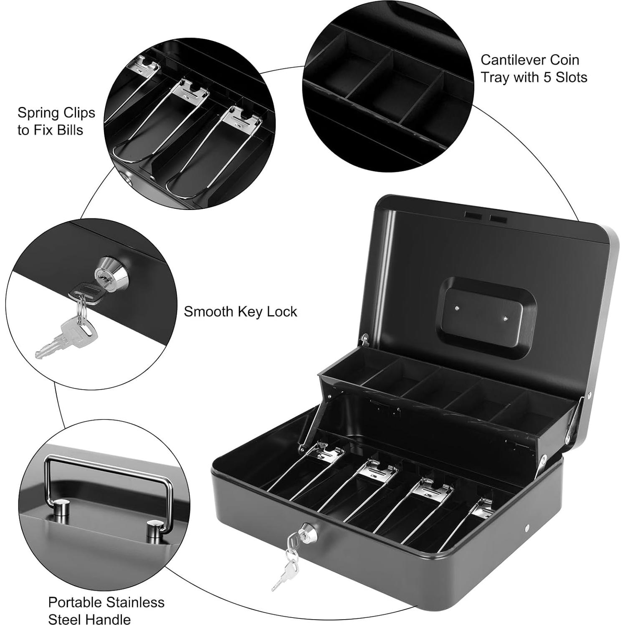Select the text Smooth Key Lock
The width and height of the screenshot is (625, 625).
[x=240, y=311]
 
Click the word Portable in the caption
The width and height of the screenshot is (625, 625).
[x=75, y=602]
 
